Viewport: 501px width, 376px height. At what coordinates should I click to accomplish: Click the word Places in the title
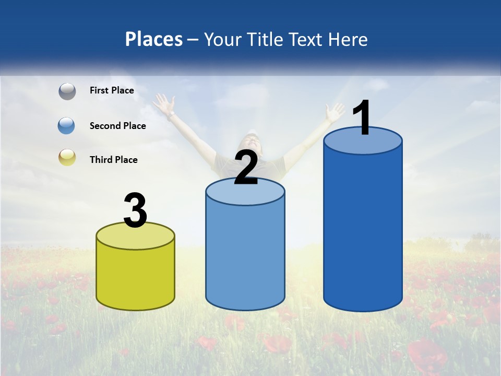pos(154,39)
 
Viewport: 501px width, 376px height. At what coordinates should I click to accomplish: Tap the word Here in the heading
pos(349,39)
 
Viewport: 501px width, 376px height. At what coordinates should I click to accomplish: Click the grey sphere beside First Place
pos(67,91)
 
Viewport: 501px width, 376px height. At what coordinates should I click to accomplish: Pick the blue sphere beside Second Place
pos(67,126)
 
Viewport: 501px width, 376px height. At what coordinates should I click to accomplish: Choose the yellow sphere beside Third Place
pos(67,157)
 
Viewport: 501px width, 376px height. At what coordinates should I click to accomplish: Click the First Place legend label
pos(112,90)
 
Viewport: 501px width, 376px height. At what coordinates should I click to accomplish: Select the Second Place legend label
pos(117,126)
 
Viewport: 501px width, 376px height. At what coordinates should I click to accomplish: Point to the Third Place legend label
pos(113,160)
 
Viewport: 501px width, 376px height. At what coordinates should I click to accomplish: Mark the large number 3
pos(135,210)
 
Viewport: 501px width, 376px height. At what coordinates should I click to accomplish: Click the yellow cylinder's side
pos(135,277)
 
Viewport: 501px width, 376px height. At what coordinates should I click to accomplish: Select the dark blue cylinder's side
pos(363,230)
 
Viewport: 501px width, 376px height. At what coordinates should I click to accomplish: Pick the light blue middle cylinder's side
pos(245,256)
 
